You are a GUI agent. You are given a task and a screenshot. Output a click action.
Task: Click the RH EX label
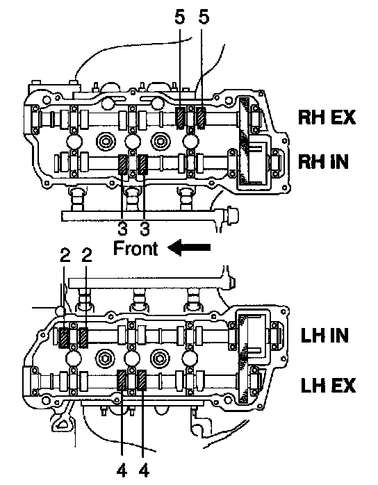[327, 117]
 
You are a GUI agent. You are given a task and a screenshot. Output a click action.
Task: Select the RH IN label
[323, 161]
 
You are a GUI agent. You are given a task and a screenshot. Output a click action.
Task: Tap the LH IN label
[324, 336]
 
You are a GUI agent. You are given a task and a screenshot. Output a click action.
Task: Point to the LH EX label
[328, 385]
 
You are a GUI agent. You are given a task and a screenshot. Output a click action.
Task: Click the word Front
[135, 248]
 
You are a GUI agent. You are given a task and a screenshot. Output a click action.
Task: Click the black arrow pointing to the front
[189, 247]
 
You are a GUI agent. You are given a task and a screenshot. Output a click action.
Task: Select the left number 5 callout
[180, 17]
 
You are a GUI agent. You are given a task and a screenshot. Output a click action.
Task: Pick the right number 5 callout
[203, 17]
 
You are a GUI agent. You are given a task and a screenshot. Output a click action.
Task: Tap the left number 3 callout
[122, 229]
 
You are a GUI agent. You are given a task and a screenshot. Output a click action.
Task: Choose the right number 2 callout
[87, 255]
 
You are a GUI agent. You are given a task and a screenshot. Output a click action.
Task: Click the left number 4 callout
[122, 471]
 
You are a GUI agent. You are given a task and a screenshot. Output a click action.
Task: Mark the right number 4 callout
[144, 471]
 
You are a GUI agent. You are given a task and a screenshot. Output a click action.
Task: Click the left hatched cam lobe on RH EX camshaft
[180, 118]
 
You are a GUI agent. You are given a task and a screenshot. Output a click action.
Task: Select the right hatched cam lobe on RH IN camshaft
[143, 165]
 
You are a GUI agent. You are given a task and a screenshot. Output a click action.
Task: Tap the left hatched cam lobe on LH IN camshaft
[64, 338]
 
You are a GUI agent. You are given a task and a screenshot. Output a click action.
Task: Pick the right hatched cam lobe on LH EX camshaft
[142, 380]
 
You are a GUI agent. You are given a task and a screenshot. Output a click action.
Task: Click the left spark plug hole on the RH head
[106, 141]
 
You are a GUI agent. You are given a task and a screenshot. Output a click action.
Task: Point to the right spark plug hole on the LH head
[160, 358]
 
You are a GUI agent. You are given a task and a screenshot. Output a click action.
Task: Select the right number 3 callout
[145, 229]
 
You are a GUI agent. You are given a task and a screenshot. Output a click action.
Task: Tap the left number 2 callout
[65, 255]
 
